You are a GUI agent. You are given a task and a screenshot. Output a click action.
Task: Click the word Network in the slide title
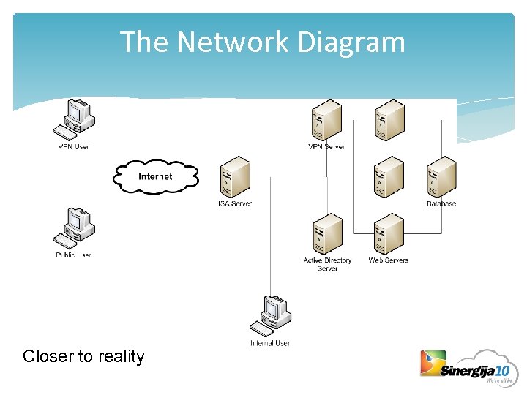(x=233, y=42)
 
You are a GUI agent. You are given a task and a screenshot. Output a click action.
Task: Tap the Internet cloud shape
(x=155, y=176)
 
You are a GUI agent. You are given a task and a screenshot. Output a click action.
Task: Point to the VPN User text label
(x=73, y=147)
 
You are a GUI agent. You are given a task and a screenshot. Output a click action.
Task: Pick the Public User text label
(x=73, y=255)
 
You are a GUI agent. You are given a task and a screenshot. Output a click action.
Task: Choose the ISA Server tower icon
(x=235, y=177)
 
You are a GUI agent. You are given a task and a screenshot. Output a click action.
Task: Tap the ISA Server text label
(x=235, y=203)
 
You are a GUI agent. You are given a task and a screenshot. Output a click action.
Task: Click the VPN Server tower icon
(x=326, y=120)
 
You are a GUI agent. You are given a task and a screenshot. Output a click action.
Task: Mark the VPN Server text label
(x=326, y=147)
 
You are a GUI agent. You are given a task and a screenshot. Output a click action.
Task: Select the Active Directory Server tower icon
(x=326, y=233)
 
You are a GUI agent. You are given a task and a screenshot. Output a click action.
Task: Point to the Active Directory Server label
(x=327, y=264)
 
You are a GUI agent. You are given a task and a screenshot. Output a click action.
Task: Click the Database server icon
(x=441, y=177)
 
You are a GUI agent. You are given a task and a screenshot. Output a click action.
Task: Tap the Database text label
(x=441, y=203)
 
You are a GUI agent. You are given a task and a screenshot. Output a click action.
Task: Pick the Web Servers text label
(x=389, y=260)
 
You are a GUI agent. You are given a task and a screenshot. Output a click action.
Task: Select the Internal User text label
(x=270, y=343)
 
